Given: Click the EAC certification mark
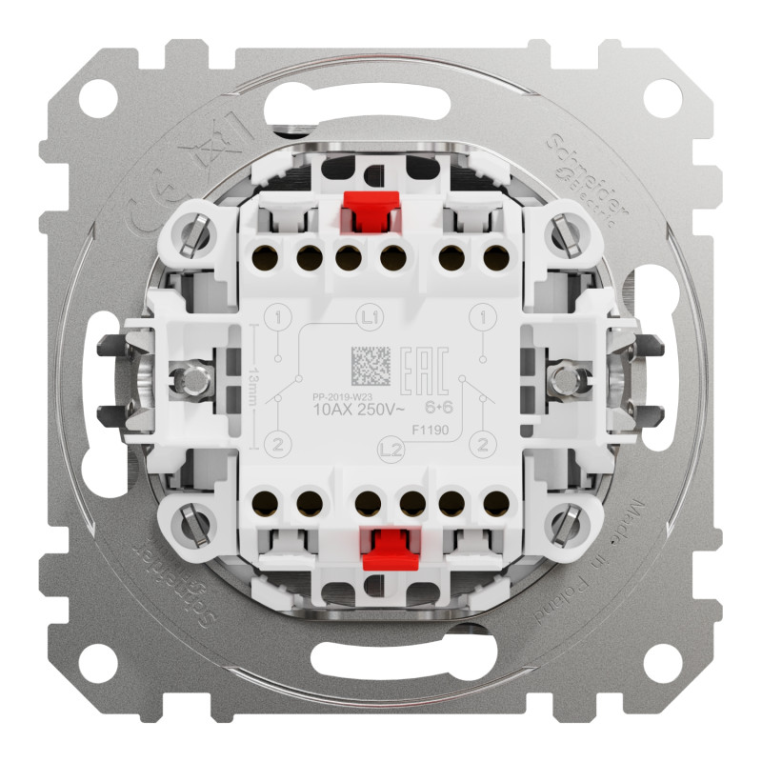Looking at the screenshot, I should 429,368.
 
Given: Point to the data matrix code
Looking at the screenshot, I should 371,367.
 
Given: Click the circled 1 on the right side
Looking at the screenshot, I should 487,316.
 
